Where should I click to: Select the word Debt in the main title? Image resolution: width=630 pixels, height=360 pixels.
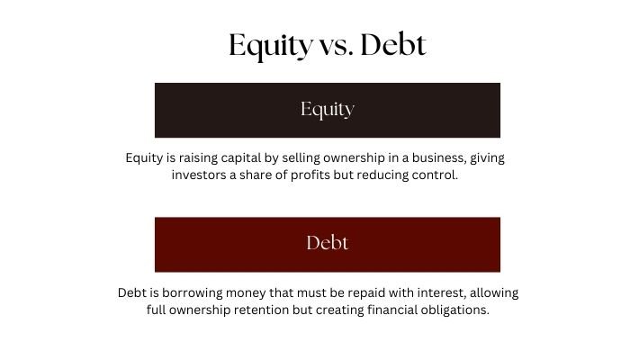(x=393, y=45)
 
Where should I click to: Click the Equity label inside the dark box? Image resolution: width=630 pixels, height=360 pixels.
(x=328, y=110)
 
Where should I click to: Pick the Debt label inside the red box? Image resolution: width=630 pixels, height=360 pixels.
(x=328, y=243)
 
